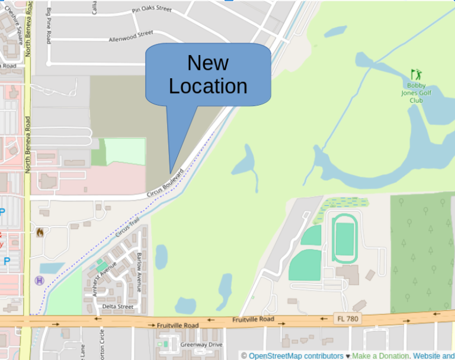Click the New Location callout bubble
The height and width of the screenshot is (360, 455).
point(208,75)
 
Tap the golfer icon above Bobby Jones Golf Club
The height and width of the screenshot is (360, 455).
point(417,74)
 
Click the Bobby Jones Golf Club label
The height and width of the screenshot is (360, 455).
point(416,93)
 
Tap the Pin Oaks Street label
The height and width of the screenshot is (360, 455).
point(152,9)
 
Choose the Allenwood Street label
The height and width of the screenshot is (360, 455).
point(131,36)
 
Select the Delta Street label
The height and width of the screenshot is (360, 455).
point(118,307)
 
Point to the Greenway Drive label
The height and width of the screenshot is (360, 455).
point(201,345)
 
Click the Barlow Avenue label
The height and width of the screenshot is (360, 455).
point(140,272)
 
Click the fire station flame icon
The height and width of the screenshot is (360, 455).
point(40,232)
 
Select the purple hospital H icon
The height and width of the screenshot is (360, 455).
point(40,280)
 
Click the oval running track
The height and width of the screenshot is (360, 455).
point(344,239)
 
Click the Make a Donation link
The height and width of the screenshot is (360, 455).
point(380,356)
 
